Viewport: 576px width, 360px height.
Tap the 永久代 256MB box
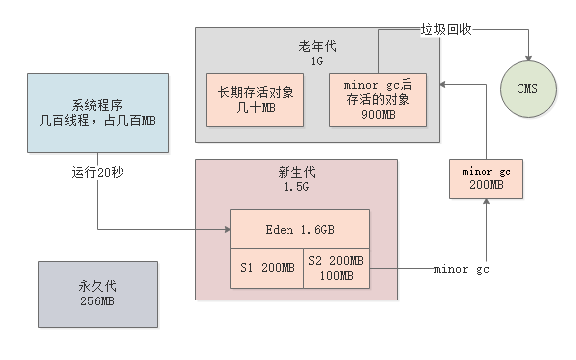[x=97, y=295]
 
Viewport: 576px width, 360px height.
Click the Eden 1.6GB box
[x=299, y=230]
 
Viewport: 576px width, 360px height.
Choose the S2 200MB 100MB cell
[x=335, y=268]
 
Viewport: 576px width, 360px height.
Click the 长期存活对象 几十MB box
[x=254, y=99]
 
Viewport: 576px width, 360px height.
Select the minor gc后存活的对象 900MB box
[x=377, y=99]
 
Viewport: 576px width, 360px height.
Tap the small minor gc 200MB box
[x=485, y=178]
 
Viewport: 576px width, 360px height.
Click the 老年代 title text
[x=317, y=45]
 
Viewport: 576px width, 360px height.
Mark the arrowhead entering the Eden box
[x=225, y=230]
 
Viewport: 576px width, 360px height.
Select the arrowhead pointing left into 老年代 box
[x=443, y=86]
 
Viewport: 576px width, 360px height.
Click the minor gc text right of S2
[x=461, y=269]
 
